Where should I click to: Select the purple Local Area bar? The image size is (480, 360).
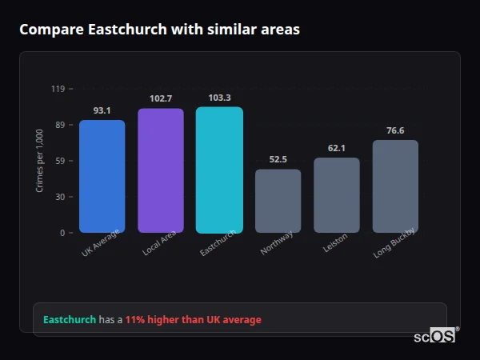(x=161, y=170)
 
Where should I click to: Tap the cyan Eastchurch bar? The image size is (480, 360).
(x=219, y=170)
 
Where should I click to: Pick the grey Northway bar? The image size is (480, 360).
(x=278, y=201)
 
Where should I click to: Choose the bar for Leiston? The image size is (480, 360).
(x=336, y=195)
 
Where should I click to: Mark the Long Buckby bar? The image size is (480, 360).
(x=395, y=186)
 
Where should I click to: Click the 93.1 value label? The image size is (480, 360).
(x=102, y=110)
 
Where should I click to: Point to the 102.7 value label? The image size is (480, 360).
(x=161, y=98)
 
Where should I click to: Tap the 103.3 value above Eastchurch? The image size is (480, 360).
(x=219, y=98)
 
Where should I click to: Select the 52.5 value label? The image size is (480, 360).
(x=278, y=159)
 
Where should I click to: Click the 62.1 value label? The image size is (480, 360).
(x=336, y=148)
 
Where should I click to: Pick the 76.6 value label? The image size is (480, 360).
(x=395, y=130)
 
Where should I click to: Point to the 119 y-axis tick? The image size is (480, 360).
(x=58, y=89)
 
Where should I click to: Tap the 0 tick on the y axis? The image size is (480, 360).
(x=62, y=233)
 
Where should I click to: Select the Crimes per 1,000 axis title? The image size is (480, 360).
(x=40, y=161)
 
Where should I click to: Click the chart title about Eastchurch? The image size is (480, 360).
(x=160, y=30)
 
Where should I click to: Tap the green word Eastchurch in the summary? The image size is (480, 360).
(x=70, y=320)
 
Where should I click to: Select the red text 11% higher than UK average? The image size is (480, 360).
(x=193, y=320)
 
